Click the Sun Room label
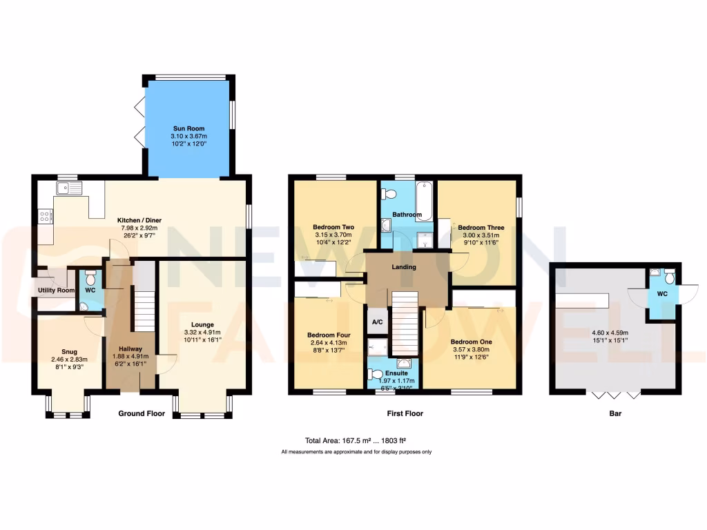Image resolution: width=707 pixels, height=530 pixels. (x=188, y=128)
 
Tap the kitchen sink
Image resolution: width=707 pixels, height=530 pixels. (x=70, y=187)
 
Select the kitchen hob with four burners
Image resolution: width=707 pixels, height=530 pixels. (x=46, y=217)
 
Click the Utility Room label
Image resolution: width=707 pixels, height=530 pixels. (x=56, y=291)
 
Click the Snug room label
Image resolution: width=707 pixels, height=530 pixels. (x=69, y=351)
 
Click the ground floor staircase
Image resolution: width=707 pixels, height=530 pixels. (x=144, y=311)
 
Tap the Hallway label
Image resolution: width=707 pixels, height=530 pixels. (x=130, y=349)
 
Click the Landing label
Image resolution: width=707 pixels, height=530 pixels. (x=404, y=267)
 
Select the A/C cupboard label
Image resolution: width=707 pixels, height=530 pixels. (x=378, y=322)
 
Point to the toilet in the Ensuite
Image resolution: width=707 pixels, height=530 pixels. (x=375, y=375)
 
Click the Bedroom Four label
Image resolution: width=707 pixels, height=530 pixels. (x=329, y=335)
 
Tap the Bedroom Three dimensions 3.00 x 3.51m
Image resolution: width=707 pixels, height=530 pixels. (x=481, y=235)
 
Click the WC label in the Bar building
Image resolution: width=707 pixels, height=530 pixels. (x=662, y=294)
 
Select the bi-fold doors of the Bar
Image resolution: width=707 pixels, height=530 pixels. (x=616, y=395)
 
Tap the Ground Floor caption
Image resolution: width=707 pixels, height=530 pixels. (x=142, y=414)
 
